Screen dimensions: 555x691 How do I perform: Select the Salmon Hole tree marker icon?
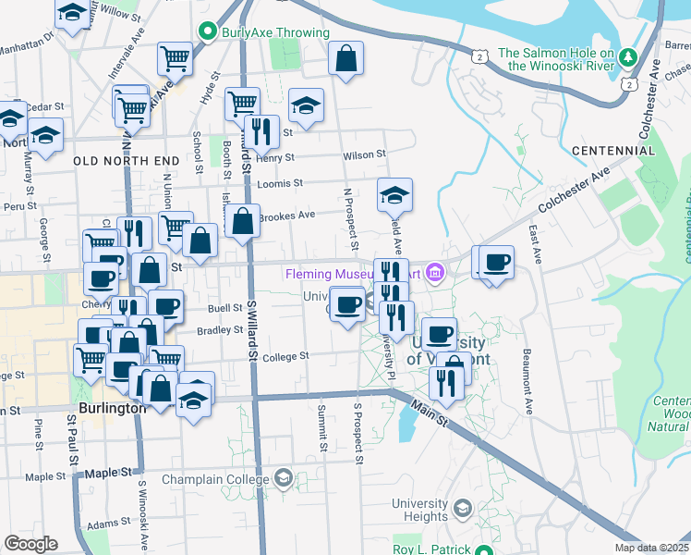pyautogui.click(x=628, y=58)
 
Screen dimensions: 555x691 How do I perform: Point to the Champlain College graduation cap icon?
pyautogui.click(x=284, y=479)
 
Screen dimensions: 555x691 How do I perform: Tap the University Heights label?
pyautogui.click(x=419, y=510)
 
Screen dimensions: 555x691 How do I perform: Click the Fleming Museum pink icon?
pyautogui.click(x=436, y=273)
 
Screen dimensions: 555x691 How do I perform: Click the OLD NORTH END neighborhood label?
pyautogui.click(x=126, y=161)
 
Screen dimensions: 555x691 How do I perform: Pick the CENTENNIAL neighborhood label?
pyautogui.click(x=612, y=150)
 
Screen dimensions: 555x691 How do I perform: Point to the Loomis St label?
pyautogui.click(x=281, y=183)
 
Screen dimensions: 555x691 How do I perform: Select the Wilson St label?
pyautogui.click(x=362, y=156)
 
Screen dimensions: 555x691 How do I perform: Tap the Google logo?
pyautogui.click(x=30, y=543)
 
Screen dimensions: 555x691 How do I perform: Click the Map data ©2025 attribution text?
pyautogui.click(x=651, y=548)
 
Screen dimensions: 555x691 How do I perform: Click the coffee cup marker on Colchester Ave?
pyautogui.click(x=496, y=262)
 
